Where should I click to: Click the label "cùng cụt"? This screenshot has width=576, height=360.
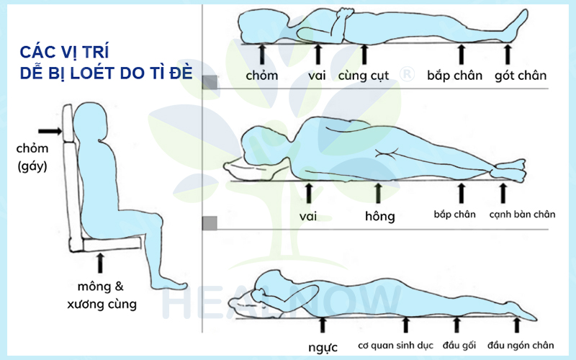click(x=364, y=76)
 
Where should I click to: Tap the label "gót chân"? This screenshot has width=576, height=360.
click(x=521, y=76)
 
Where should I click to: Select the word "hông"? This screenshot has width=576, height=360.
click(x=380, y=216)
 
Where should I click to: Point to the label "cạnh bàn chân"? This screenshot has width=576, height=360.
click(x=522, y=214)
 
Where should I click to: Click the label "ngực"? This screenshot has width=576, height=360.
click(x=323, y=347)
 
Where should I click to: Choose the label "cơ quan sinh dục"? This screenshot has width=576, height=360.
click(x=395, y=346)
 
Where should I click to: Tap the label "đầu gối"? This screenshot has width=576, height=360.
click(x=459, y=346)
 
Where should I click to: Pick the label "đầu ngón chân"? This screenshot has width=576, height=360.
click(x=521, y=346)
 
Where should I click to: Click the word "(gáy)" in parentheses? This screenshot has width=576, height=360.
click(x=32, y=167)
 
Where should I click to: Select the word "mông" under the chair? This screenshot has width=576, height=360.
click(x=94, y=287)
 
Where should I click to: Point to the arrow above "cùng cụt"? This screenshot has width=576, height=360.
click(x=364, y=55)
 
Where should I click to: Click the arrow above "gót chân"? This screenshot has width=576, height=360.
click(x=508, y=55)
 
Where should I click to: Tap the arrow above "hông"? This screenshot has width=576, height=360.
click(x=378, y=194)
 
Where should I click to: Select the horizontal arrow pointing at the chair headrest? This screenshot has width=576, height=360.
click(x=50, y=131)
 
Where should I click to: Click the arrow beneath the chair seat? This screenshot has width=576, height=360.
click(x=100, y=263)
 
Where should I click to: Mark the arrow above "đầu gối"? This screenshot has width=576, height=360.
click(x=456, y=325)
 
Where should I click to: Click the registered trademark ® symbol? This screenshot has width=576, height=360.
click(x=407, y=74)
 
